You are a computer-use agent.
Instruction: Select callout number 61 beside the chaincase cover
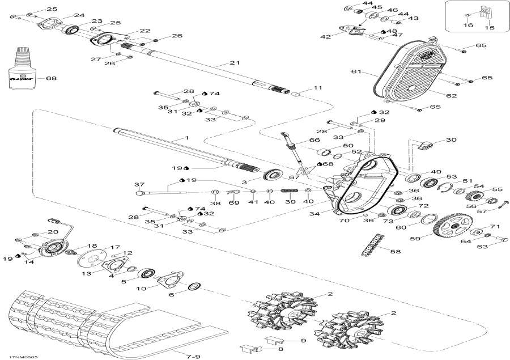(x=356, y=72)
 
